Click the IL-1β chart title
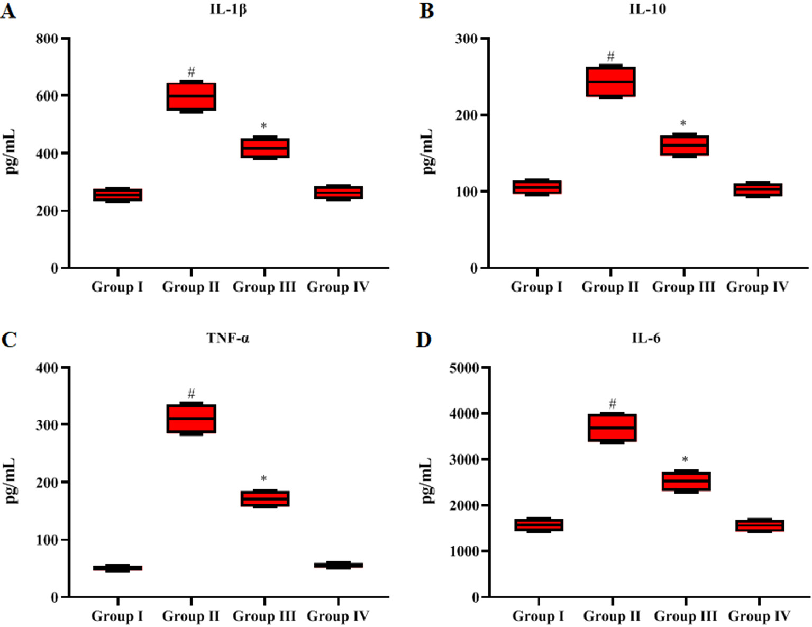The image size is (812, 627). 228,10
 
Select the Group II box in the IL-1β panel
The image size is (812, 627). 191,96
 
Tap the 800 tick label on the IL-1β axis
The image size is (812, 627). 47,39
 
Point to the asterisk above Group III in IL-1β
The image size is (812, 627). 264,126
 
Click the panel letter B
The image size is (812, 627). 426,11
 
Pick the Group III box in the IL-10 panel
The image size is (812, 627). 684,145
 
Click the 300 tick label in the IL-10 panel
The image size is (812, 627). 466,39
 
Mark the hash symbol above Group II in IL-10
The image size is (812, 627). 610,57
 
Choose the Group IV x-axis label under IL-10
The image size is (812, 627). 757,287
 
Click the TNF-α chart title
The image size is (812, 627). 228,339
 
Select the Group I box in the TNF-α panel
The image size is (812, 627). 117,568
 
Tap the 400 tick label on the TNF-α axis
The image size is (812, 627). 47,368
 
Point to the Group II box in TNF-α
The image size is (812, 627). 191,419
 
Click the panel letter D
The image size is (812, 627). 424,340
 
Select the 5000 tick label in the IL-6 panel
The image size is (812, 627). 463,368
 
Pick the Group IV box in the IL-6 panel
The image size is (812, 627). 759,525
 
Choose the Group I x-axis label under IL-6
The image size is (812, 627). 538,616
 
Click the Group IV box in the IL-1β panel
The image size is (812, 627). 338,193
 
